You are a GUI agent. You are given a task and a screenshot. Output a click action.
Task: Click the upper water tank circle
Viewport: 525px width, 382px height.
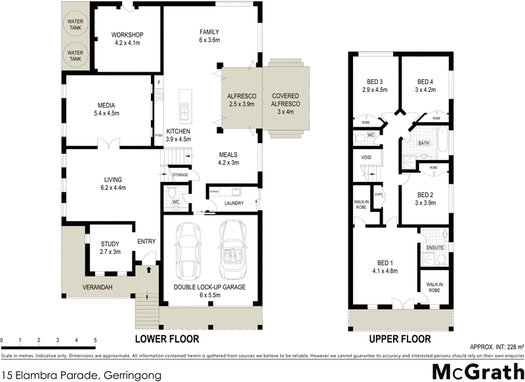click(x=75, y=25)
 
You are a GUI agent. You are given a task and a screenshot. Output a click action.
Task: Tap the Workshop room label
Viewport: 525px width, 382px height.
click(x=127, y=39)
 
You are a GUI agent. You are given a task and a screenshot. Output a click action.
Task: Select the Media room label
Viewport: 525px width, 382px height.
click(x=108, y=108)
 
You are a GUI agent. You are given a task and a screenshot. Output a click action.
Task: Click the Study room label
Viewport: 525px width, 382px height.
click(x=110, y=247)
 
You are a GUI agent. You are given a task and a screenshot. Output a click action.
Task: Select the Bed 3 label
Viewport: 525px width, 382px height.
click(x=375, y=85)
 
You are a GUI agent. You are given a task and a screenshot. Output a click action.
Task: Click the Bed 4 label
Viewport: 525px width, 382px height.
click(x=426, y=85)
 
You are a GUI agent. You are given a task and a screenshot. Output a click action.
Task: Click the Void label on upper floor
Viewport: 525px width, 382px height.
click(x=366, y=158)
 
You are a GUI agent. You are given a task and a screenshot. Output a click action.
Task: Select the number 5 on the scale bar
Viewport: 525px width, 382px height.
click(x=96, y=340)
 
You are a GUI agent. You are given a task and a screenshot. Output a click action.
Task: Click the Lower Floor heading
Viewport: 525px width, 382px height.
click(x=166, y=339)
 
